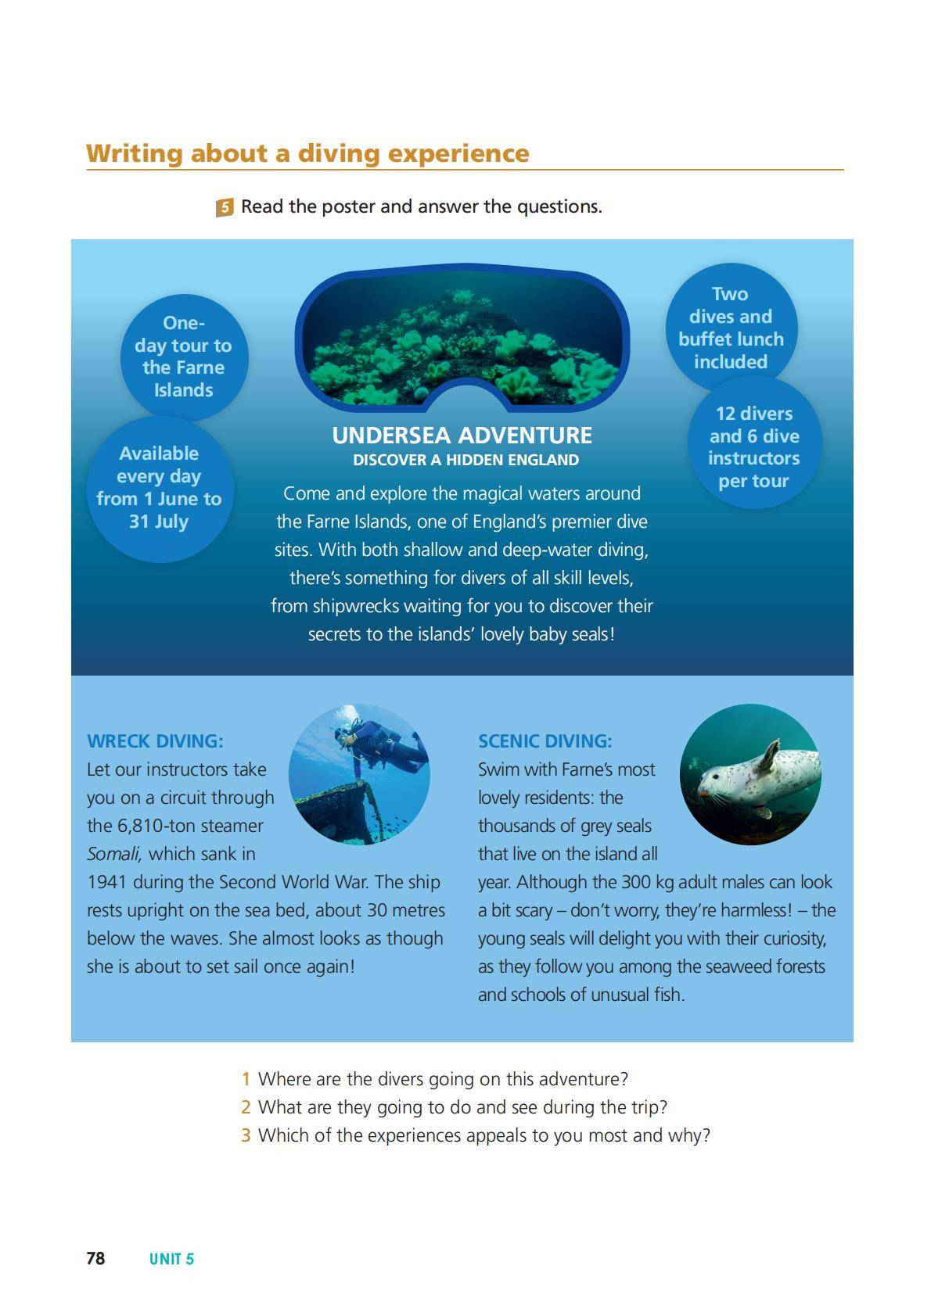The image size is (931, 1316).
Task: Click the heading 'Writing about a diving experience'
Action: pyautogui.click(x=307, y=153)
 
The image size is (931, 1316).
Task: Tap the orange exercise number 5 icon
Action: pyautogui.click(x=225, y=207)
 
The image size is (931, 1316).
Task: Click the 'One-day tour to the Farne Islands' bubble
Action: pyautogui.click(x=184, y=357)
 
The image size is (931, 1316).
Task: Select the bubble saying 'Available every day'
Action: pyautogui.click(x=160, y=488)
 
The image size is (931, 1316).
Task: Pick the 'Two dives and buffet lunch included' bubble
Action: pyautogui.click(x=731, y=328)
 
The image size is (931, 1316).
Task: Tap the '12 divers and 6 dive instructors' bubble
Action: pyautogui.click(x=754, y=446)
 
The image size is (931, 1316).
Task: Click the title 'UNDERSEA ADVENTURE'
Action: pyautogui.click(x=462, y=436)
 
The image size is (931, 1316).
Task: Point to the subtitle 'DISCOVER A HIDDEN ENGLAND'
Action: pyautogui.click(x=465, y=460)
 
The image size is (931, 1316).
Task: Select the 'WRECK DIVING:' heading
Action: pyautogui.click(x=155, y=741)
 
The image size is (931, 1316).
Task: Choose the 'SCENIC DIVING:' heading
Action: pyautogui.click(x=545, y=741)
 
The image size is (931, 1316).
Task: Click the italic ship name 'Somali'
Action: pyautogui.click(x=113, y=854)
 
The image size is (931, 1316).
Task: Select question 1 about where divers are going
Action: pyautogui.click(x=443, y=1079)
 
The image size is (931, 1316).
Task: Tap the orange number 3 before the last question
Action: pyautogui.click(x=246, y=1135)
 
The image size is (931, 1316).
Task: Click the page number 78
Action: pyautogui.click(x=95, y=1258)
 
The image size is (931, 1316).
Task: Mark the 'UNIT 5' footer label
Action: pyautogui.click(x=171, y=1259)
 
